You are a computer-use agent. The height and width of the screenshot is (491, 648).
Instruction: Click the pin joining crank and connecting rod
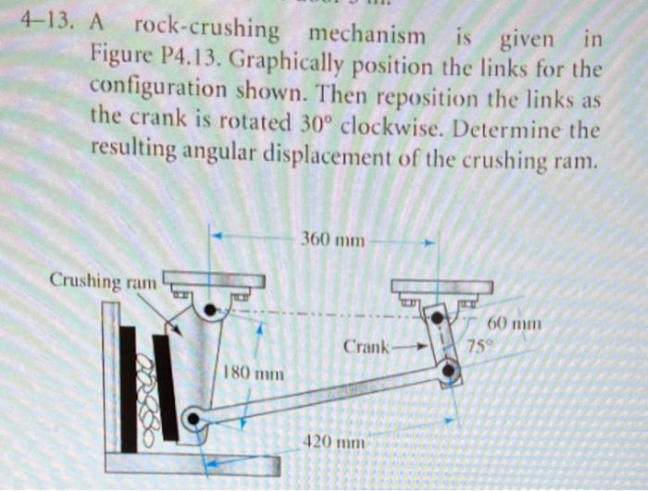(x=450, y=372)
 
